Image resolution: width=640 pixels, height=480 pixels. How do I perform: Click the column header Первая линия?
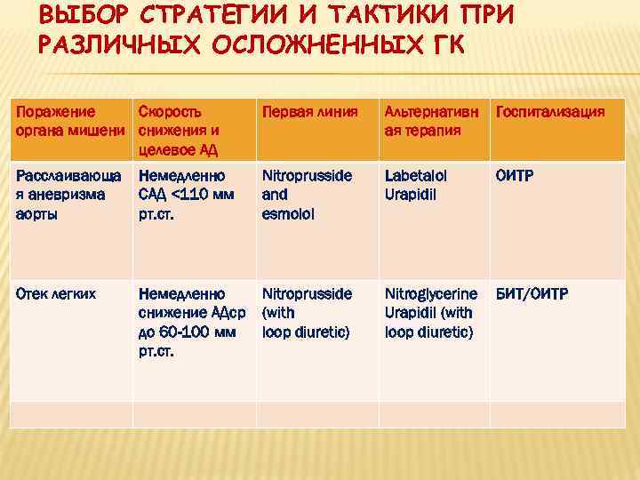(x=306, y=112)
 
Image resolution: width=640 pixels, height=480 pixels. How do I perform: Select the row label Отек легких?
(x=54, y=293)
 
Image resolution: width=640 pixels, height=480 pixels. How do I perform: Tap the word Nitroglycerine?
(x=430, y=293)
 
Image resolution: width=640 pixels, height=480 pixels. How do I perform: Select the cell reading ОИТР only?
(x=515, y=175)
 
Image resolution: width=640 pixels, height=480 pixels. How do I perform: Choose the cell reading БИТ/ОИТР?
(x=532, y=293)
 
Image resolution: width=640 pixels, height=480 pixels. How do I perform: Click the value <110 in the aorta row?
(x=190, y=195)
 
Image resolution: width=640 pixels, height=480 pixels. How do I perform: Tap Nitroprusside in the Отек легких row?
(x=306, y=293)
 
